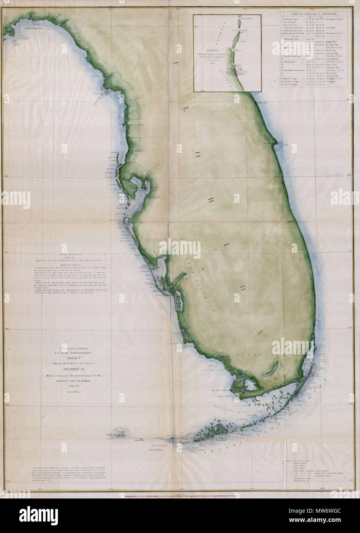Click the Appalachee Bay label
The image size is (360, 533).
24,28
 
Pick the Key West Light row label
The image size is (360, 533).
291,79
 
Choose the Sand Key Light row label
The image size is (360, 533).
291,85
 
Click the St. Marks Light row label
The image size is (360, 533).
292,19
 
